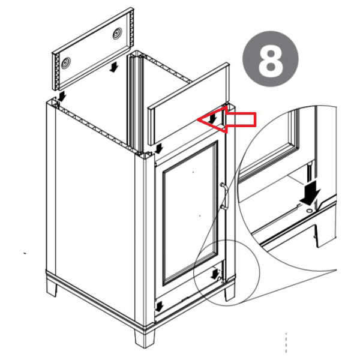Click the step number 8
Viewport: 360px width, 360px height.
pyautogui.click(x=271, y=60)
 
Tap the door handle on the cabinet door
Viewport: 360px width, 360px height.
pyautogui.click(x=224, y=196)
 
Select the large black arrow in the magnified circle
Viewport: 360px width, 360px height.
pyautogui.click(x=310, y=193)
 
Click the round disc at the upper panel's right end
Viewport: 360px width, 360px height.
pyautogui.click(x=118, y=34)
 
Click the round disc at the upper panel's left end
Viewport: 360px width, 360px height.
pyautogui.click(x=66, y=62)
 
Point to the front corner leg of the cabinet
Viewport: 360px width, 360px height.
pyautogui.click(x=145, y=338)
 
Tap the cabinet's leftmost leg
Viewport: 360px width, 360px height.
pyautogui.click(x=52, y=289)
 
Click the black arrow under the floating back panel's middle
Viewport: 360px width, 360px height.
pyautogui.click(x=113, y=68)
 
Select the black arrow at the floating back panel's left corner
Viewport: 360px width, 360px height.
pyautogui.click(x=61, y=96)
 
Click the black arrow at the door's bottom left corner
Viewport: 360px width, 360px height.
pyautogui.click(x=160, y=307)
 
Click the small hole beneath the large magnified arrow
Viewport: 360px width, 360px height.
pyautogui.click(x=310, y=210)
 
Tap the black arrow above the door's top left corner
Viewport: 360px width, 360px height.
pyautogui.click(x=158, y=148)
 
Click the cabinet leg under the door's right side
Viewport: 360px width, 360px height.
pyautogui.click(x=230, y=293)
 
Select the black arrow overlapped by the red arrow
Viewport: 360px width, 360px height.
pyautogui.click(x=213, y=118)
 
